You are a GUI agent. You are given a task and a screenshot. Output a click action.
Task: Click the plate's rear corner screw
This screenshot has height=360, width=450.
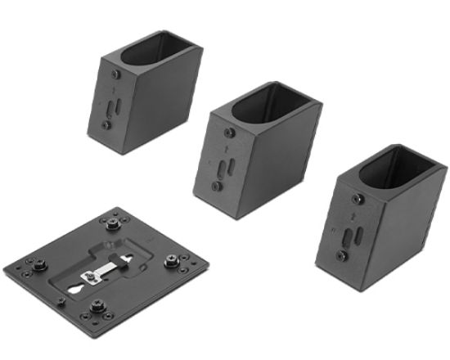[x=112, y=222]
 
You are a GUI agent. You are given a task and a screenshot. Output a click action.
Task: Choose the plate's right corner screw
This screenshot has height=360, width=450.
[x=172, y=261]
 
